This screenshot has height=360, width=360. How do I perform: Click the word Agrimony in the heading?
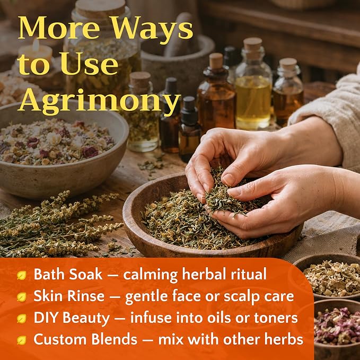[99, 101]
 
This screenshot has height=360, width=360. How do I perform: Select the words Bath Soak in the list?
[68, 274]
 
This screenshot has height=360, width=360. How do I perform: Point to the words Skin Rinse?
[69, 296]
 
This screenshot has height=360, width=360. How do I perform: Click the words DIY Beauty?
[72, 318]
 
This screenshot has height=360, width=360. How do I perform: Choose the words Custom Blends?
[85, 339]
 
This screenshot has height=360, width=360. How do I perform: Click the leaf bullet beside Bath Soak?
[22, 275]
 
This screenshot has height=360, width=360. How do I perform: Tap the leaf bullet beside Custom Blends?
[22, 340]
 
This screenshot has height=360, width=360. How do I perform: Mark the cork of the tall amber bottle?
[216, 60]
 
